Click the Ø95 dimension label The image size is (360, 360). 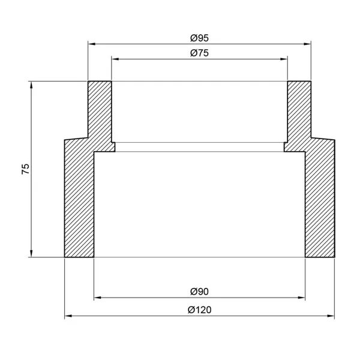(199, 38)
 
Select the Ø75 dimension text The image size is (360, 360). (199, 53)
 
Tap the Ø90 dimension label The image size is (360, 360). (199, 292)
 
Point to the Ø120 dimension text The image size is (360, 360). (199, 310)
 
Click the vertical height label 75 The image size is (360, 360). (25, 169)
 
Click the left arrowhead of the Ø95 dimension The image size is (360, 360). (92, 44)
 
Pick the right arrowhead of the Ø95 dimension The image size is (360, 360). (307, 44)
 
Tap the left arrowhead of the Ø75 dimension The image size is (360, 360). (115, 59)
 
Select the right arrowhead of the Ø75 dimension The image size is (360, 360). (284, 59)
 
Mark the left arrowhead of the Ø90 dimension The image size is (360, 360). (98, 298)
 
